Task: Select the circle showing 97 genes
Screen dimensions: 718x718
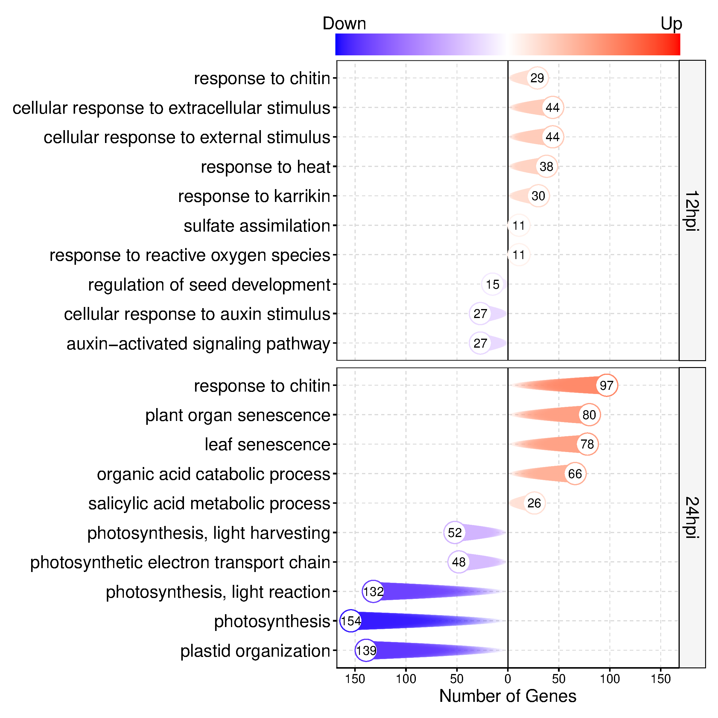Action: coord(606,385)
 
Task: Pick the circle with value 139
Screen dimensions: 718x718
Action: coord(366,650)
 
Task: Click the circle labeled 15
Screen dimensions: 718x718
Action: coord(492,284)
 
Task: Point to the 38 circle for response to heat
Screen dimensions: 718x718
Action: coord(546,167)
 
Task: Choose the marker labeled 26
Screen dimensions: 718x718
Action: coord(534,503)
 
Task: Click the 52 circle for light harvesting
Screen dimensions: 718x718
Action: coord(454,533)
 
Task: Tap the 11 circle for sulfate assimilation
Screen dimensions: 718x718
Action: coord(518,225)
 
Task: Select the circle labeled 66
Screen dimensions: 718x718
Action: coord(575,474)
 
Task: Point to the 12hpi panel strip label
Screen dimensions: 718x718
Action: coord(692,211)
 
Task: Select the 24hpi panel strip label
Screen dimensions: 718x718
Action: coord(692,517)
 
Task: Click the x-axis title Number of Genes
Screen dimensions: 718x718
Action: coord(508,696)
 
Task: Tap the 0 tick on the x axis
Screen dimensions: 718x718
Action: coord(508,679)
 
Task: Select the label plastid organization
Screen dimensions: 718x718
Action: coord(255,651)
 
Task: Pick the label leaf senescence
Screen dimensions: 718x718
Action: coord(267,445)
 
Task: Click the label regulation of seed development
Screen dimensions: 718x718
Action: coord(209,285)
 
